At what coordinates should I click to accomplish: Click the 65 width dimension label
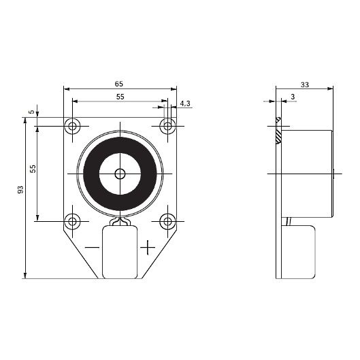(119, 84)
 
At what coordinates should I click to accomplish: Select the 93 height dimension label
(20, 190)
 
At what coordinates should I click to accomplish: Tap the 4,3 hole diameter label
(185, 103)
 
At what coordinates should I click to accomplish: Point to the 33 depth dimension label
(305, 84)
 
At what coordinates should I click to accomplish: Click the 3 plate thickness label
(293, 97)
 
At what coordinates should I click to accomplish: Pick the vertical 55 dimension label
(33, 169)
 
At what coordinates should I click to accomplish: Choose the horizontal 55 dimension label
(120, 97)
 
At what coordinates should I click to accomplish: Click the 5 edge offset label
(32, 112)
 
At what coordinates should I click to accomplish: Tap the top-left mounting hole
(72, 126)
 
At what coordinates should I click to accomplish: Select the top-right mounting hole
(167, 126)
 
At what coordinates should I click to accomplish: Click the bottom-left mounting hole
(72, 221)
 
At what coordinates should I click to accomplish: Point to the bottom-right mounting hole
(167, 221)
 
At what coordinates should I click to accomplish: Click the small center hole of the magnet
(120, 174)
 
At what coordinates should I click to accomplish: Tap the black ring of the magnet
(91, 174)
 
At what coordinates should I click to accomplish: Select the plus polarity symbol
(148, 247)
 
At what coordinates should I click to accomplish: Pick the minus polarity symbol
(92, 247)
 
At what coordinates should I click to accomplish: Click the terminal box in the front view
(120, 252)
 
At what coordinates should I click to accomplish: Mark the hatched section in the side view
(278, 131)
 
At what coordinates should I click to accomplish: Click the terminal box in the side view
(298, 252)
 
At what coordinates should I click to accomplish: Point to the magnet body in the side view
(307, 174)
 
